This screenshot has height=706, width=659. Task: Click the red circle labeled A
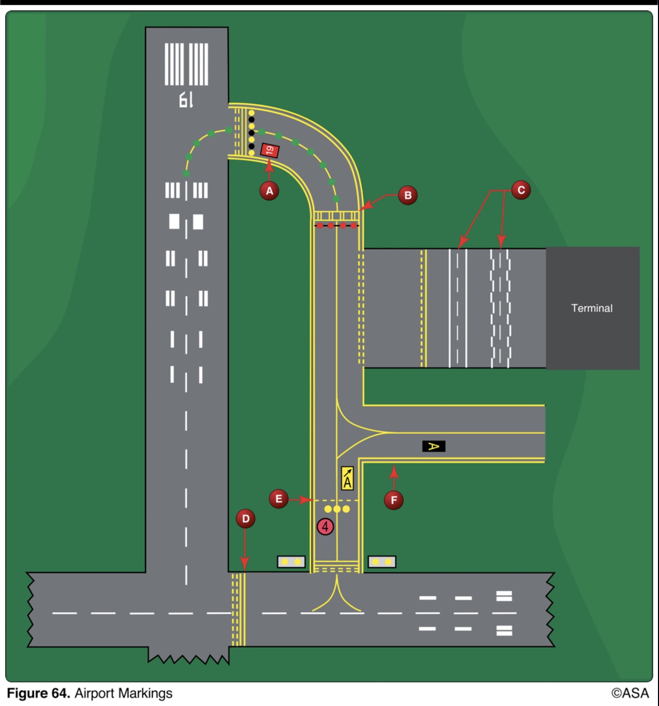click(270, 191)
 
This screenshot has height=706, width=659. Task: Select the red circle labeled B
click(408, 196)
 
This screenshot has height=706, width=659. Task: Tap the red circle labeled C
click(521, 190)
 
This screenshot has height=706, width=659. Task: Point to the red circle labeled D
click(246, 519)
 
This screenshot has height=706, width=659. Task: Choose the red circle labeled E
click(279, 499)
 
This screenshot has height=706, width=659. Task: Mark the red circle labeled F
click(394, 501)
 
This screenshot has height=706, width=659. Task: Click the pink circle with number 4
click(325, 527)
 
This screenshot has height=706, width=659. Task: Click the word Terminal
click(592, 308)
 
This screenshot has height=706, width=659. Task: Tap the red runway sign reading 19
click(270, 151)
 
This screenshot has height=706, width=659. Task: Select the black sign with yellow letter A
click(433, 446)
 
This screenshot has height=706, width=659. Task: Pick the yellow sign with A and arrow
click(347, 478)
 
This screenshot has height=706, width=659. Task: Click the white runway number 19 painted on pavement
click(186, 100)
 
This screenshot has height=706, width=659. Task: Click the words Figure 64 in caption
click(38, 693)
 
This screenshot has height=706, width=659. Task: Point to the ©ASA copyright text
click(630, 693)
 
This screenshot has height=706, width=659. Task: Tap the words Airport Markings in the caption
click(123, 693)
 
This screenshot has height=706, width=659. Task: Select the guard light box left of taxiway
click(291, 562)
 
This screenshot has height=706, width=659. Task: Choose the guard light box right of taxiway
click(382, 562)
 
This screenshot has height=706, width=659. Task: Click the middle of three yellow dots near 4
click(337, 509)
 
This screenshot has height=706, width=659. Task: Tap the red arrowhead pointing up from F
click(394, 471)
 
